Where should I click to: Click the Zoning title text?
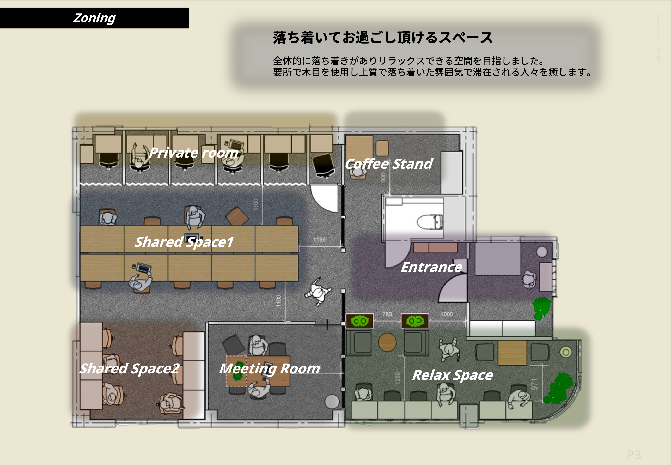pyautogui.click(x=94, y=18)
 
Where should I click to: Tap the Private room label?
pyautogui.click(x=193, y=153)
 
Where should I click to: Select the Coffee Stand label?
pyautogui.click(x=389, y=164)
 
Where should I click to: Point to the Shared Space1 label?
pyautogui.click(x=184, y=242)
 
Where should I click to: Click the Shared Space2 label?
pyautogui.click(x=129, y=369)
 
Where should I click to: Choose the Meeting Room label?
pyautogui.click(x=269, y=369)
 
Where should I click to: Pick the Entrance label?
pyautogui.click(x=431, y=267)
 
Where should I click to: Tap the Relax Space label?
pyautogui.click(x=453, y=375)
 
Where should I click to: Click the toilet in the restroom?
pyautogui.click(x=430, y=222)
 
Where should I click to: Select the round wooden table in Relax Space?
pyautogui.click(x=387, y=342)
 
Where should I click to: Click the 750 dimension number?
pyautogui.click(x=387, y=314)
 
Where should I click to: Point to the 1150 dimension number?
pyautogui.click(x=320, y=239)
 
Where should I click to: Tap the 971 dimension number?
pyautogui.click(x=534, y=384)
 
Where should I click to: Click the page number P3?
pyautogui.click(x=634, y=455)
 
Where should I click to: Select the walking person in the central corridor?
pyautogui.click(x=318, y=291)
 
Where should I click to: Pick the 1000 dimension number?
pyautogui.click(x=447, y=314)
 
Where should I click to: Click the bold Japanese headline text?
pyautogui.click(x=382, y=38)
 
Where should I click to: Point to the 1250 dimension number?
pyautogui.click(x=398, y=378)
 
